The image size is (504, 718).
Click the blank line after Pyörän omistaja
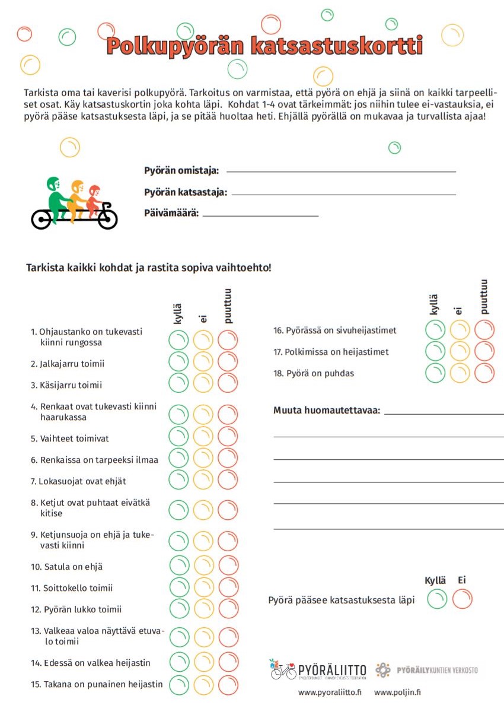coord(341,171)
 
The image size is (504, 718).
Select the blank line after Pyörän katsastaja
coord(344,194)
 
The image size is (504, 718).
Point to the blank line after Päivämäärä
coord(260,215)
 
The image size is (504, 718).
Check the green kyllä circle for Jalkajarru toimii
coord(178,361)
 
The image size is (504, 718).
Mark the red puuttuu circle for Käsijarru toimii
coord(228,383)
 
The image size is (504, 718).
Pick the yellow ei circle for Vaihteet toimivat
coord(203,436)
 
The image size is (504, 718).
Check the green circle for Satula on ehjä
coord(179,565)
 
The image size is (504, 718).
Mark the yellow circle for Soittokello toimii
coord(203,587)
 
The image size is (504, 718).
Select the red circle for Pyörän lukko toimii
coord(228,608)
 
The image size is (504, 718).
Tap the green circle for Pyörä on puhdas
coord(435,373)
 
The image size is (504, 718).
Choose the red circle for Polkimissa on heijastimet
coord(484,351)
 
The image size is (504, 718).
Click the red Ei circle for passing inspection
coord(462,599)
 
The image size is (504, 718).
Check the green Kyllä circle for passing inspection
coord(437,599)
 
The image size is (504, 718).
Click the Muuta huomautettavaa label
coord(327,411)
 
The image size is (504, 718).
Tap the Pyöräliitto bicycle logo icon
coord(283,669)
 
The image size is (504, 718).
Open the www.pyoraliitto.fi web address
coord(330,692)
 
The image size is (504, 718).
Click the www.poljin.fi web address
coord(397,692)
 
